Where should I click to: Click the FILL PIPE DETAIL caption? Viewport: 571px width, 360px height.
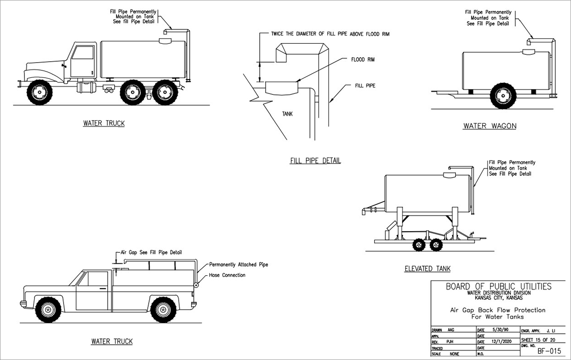pyautogui.click(x=315, y=161)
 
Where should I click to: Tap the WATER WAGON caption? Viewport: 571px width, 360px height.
pyautogui.click(x=489, y=126)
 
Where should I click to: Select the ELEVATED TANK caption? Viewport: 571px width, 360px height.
pyautogui.click(x=427, y=268)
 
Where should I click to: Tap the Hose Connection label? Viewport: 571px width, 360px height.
pyautogui.click(x=227, y=275)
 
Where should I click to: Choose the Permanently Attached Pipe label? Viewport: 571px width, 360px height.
pyautogui.click(x=239, y=265)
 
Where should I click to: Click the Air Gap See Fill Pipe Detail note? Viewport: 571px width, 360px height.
pyautogui.click(x=151, y=252)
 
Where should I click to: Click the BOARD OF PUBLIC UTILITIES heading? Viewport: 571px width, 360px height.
pyautogui.click(x=498, y=286)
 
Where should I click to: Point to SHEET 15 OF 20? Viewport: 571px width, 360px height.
pyautogui.click(x=541, y=339)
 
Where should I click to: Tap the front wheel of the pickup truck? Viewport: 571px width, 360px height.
pyautogui.click(x=48, y=309)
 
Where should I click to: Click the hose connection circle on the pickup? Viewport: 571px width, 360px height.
pyautogui.click(x=196, y=285)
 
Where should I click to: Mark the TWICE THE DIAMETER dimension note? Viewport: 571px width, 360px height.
pyautogui.click(x=324, y=34)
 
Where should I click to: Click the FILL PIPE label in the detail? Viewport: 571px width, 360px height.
pyautogui.click(x=365, y=86)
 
